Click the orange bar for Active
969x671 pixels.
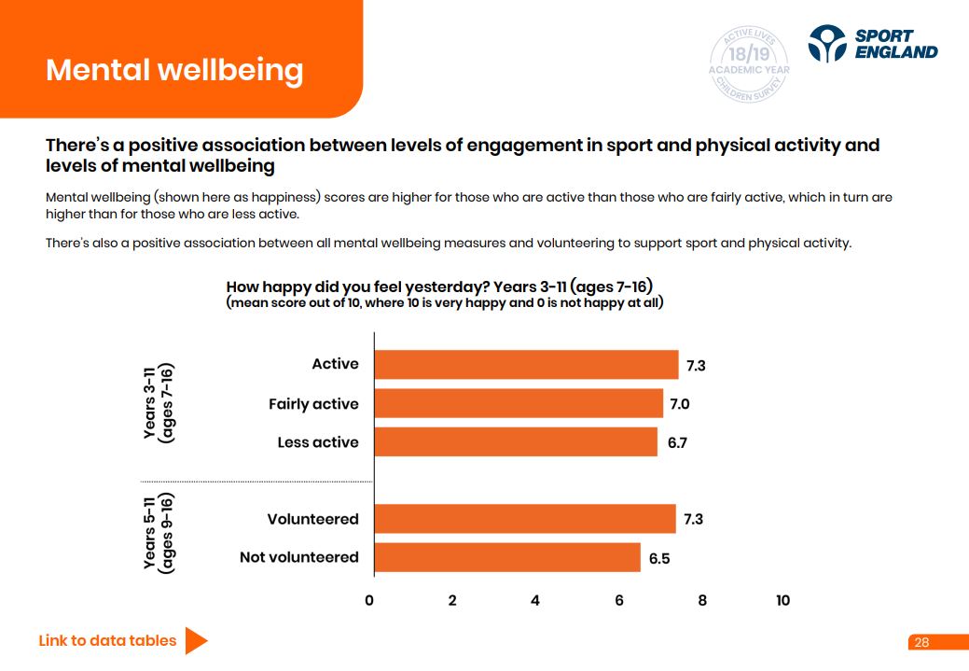[x=526, y=365]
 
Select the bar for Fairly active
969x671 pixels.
[x=519, y=404]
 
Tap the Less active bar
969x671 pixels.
[x=516, y=442]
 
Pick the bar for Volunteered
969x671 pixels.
[x=525, y=519]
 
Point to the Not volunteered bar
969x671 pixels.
[x=507, y=557]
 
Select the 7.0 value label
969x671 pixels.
[x=679, y=404]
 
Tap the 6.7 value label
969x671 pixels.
[x=677, y=442]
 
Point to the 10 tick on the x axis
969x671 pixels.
[x=782, y=600]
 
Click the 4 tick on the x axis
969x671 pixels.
[x=535, y=600]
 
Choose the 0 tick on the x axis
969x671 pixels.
[x=369, y=600]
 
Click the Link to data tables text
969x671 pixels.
[x=107, y=640]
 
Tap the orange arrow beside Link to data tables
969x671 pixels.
[x=196, y=640]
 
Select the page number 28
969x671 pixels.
[x=921, y=642]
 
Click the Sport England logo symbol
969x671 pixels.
[x=827, y=43]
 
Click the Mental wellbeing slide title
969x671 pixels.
[x=174, y=70]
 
